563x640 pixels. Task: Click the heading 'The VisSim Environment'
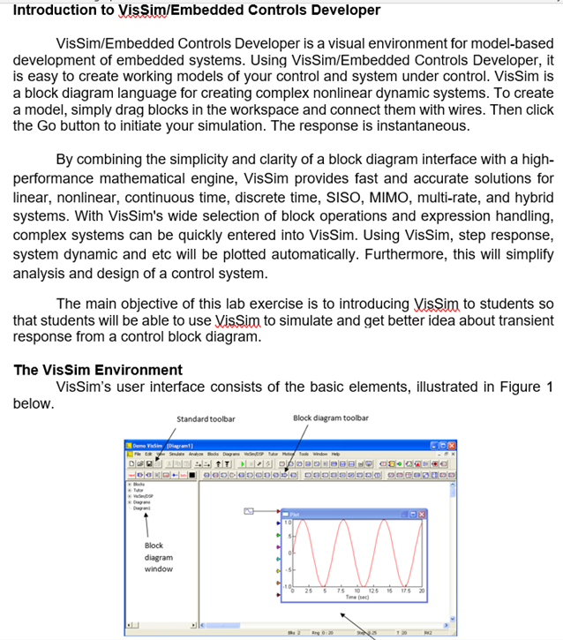(98, 370)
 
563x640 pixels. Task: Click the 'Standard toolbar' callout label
(205, 418)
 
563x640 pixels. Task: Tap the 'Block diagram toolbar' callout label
(330, 418)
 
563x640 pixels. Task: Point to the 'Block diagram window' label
(159, 557)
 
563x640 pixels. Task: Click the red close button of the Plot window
(421, 515)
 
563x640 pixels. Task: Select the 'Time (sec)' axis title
(357, 598)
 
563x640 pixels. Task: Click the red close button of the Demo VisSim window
(452, 447)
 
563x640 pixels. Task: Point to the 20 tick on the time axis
(422, 591)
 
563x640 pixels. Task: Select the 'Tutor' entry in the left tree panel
(138, 490)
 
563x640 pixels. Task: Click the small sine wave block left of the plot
(249, 510)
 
